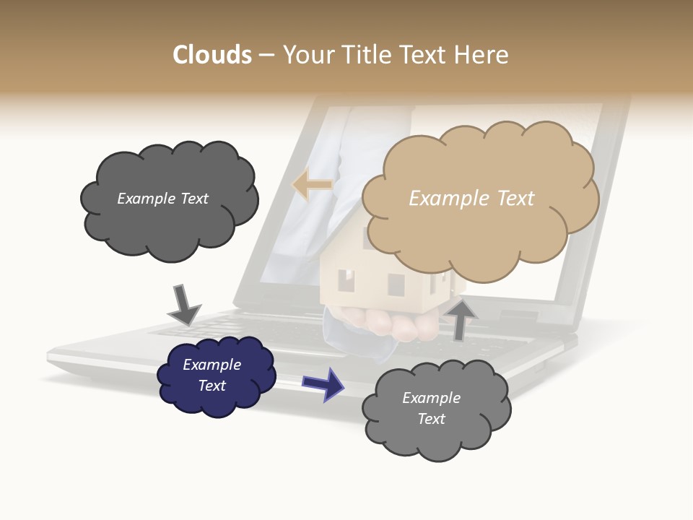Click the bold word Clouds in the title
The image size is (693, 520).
[x=212, y=55]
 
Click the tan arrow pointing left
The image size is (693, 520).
[x=312, y=185]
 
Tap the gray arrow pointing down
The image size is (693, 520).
[x=183, y=304]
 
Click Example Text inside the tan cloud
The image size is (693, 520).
[x=471, y=198]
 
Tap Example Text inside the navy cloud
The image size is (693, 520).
[x=212, y=375]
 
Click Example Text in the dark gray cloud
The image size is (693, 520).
[x=162, y=199]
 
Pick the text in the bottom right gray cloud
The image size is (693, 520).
[x=432, y=408]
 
